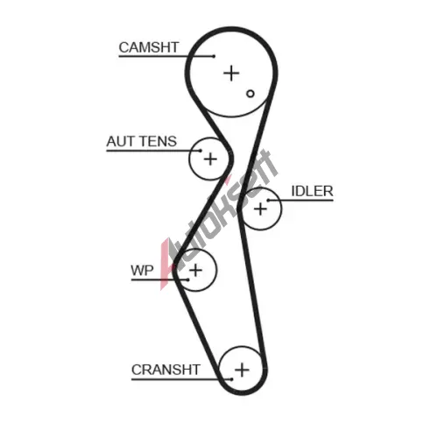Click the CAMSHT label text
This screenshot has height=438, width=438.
click(x=149, y=47)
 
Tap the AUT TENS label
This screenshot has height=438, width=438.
click(x=142, y=141)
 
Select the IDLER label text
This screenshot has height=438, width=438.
click(x=312, y=191)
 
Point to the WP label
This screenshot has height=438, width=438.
click(x=142, y=271)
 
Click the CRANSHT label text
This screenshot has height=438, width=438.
click(x=166, y=370)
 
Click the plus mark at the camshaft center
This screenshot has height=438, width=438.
click(x=231, y=73)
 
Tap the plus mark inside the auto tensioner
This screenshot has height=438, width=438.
click(x=210, y=159)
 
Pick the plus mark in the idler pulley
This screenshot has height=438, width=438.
click(x=260, y=209)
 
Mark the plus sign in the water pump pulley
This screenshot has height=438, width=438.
click(x=195, y=270)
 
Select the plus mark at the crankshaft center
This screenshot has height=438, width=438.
click(x=242, y=370)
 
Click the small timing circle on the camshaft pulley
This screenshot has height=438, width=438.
click(x=251, y=94)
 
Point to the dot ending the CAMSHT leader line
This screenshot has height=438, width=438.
click(x=214, y=56)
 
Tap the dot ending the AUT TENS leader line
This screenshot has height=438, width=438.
click(x=201, y=151)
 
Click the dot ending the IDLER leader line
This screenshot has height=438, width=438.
click(x=268, y=201)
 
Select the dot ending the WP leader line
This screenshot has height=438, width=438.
click(x=188, y=279)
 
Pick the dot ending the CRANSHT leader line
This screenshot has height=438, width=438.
click(x=231, y=379)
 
